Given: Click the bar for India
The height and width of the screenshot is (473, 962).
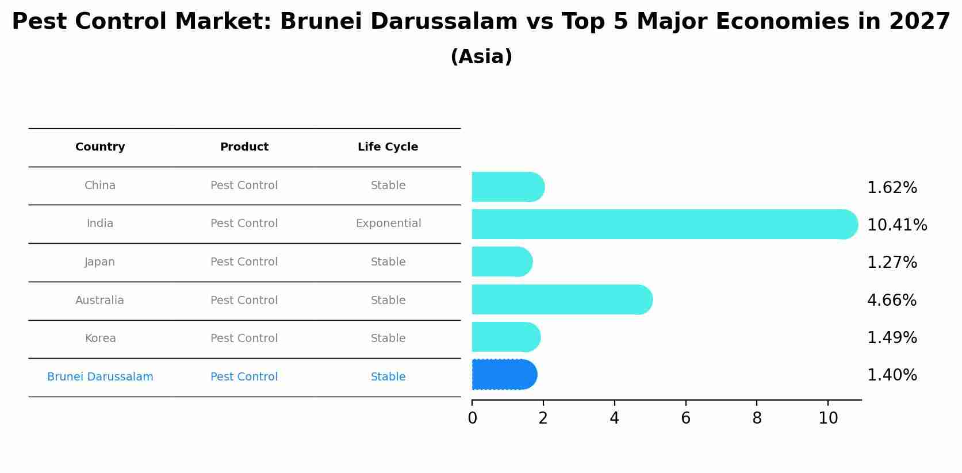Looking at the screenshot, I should (x=661, y=224).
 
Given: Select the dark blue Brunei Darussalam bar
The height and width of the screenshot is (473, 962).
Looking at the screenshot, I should (x=504, y=375).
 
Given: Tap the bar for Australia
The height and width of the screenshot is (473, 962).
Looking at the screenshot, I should (x=561, y=299).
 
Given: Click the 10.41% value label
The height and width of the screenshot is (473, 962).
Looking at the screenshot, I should (x=896, y=225).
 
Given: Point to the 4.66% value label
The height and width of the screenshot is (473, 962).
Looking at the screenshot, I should (x=891, y=300).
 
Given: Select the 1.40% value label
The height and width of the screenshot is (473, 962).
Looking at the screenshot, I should (x=891, y=375).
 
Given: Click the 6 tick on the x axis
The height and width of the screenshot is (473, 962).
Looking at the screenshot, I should (x=685, y=418).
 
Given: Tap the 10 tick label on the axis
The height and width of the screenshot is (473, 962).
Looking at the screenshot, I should (x=828, y=418).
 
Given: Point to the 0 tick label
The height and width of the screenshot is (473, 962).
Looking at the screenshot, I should (x=472, y=418).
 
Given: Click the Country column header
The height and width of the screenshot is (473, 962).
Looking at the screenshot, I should (x=100, y=147).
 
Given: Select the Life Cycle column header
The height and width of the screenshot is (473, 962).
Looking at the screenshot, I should (x=388, y=147).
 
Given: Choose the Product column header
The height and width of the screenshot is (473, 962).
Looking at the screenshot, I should (x=244, y=147).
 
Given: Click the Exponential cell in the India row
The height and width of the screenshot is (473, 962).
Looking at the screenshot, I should (x=388, y=224).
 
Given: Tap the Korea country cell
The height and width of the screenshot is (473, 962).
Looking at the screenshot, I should (x=100, y=339).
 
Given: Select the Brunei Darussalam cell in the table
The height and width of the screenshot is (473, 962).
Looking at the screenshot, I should (x=100, y=377).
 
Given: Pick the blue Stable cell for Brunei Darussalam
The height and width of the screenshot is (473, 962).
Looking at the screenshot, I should (x=388, y=377).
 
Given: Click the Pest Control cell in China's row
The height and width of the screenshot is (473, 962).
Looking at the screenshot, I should (x=244, y=186).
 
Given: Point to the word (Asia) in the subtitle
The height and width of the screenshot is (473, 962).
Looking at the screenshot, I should (x=481, y=57).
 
